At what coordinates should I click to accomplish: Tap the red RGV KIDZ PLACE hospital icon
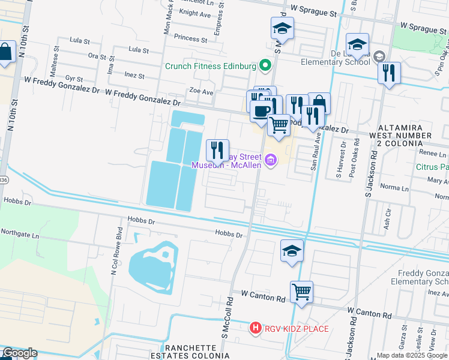tap(255, 328)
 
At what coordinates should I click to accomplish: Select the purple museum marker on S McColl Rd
tap(271, 160)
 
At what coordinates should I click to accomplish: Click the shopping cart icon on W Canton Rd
tap(301, 292)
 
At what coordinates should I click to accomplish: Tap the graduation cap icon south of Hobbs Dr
tap(292, 250)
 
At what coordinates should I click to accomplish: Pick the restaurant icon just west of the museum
tap(217, 149)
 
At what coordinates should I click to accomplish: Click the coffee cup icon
tap(261, 111)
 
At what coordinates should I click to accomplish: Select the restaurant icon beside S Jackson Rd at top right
tap(390, 73)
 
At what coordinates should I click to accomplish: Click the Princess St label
tap(190, 38)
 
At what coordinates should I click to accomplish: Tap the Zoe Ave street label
tap(201, 92)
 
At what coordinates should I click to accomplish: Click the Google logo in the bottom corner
tap(19, 353)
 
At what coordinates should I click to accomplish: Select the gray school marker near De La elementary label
tap(379, 57)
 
